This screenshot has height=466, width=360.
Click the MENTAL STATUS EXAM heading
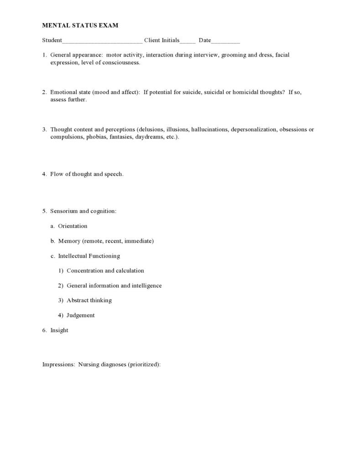80,26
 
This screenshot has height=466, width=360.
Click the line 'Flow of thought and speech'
87,174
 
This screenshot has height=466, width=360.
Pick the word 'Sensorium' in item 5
63,211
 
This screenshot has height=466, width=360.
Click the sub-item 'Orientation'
72,226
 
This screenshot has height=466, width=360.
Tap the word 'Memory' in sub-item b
69,241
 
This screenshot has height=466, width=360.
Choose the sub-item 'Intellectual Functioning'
89,256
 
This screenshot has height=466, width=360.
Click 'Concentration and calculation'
105,271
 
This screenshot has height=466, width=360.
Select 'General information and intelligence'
114,286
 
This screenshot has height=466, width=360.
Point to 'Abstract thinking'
89,300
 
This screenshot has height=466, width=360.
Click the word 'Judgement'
81,316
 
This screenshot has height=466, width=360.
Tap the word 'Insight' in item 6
59,331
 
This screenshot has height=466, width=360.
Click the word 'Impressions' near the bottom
58,365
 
